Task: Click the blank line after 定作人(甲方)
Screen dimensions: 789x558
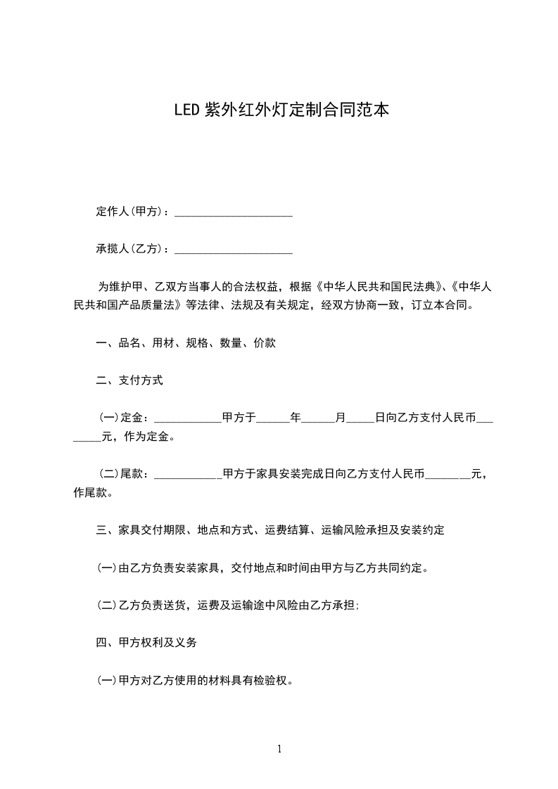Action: (233, 212)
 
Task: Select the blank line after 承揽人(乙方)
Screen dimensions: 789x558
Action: (233, 250)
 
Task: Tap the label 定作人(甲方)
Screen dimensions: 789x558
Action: (132, 212)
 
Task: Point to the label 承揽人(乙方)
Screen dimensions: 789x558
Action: (132, 249)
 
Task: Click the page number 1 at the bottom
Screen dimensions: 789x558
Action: (279, 749)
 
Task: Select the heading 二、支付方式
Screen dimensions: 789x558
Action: (129, 380)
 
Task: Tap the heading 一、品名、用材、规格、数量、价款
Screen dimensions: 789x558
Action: (186, 343)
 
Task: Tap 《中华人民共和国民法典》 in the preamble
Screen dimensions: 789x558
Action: (380, 287)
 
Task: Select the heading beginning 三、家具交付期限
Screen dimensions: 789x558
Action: (270, 530)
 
